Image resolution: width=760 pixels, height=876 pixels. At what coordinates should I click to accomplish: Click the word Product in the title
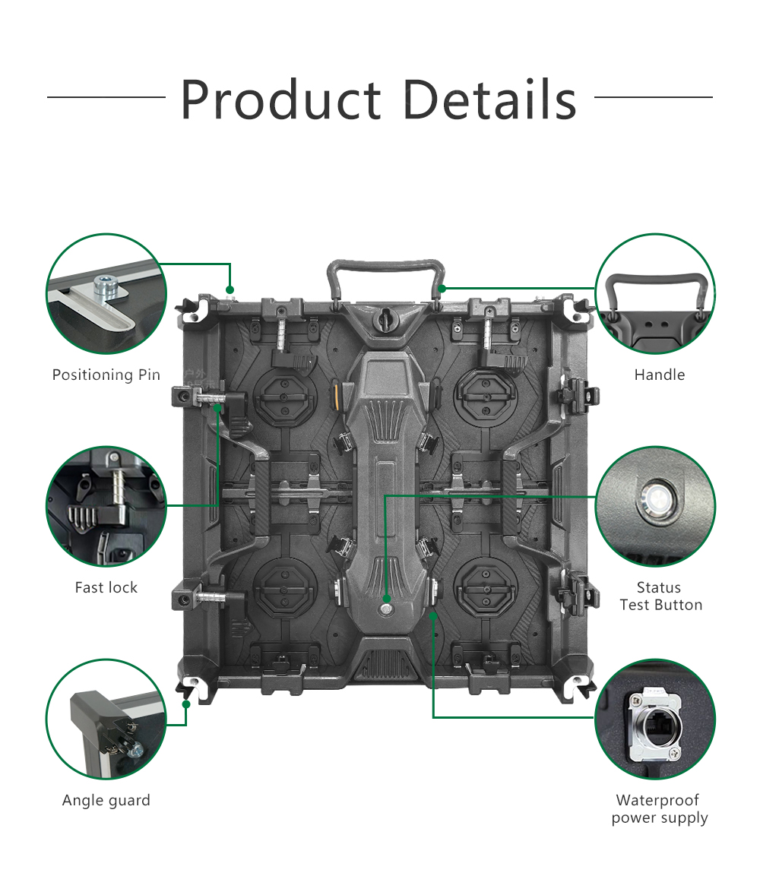pos(281,100)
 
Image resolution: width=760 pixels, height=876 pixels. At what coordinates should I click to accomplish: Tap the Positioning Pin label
pos(106,375)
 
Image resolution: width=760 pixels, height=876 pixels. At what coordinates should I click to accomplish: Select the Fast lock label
pos(106,588)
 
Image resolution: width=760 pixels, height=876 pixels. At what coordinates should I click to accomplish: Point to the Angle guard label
pos(106,801)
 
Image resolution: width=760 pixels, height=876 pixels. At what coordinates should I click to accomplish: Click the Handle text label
pos(660,375)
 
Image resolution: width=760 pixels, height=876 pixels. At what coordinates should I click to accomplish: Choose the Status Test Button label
pos(660,596)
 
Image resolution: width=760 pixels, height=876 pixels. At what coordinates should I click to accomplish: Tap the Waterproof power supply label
pos(660,809)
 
